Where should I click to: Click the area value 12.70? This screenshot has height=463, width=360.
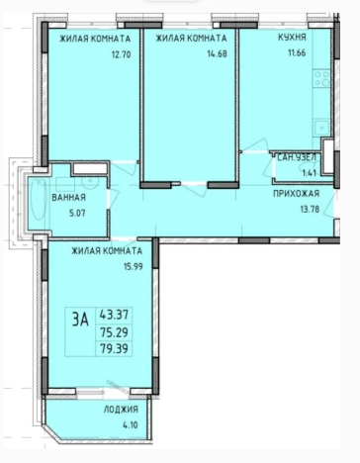(122, 54)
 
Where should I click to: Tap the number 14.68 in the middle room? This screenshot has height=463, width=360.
(217, 53)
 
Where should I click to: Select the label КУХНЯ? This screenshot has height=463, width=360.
(292, 38)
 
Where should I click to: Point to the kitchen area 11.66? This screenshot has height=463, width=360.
(297, 52)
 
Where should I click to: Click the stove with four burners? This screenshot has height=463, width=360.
(321, 78)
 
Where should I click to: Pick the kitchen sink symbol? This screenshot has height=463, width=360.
(321, 128)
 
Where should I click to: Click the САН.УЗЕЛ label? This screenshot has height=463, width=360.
(297, 157)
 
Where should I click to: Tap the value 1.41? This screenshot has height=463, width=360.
(310, 172)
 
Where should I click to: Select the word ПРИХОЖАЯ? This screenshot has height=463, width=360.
(296, 194)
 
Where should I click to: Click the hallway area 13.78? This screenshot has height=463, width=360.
(310, 209)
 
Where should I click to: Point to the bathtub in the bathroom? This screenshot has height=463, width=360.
(39, 200)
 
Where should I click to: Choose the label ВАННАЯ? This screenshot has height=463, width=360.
(68, 198)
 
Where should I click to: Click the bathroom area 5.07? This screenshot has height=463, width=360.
(77, 213)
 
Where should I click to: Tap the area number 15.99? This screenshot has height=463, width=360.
(134, 266)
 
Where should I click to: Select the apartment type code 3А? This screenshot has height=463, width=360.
(80, 320)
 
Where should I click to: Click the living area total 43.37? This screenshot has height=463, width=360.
(114, 315)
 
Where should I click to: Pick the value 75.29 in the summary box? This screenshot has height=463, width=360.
(114, 332)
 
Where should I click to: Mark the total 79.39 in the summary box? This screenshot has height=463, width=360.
(114, 348)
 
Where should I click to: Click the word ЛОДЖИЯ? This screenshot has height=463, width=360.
(121, 410)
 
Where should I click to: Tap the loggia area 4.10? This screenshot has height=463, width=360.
(131, 424)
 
